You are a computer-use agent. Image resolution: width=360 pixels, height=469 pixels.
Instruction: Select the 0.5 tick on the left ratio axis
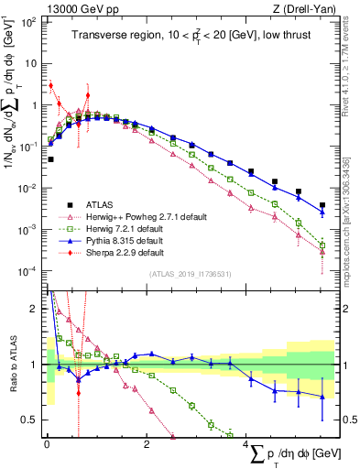[29, 420]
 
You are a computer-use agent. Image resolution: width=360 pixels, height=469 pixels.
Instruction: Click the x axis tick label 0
[47, 444]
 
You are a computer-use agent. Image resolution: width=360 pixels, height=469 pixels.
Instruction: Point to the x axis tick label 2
[147, 444]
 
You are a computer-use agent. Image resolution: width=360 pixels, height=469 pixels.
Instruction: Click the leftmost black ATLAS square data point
[50, 159]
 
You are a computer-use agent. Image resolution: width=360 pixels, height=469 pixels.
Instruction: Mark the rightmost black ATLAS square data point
[322, 205]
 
